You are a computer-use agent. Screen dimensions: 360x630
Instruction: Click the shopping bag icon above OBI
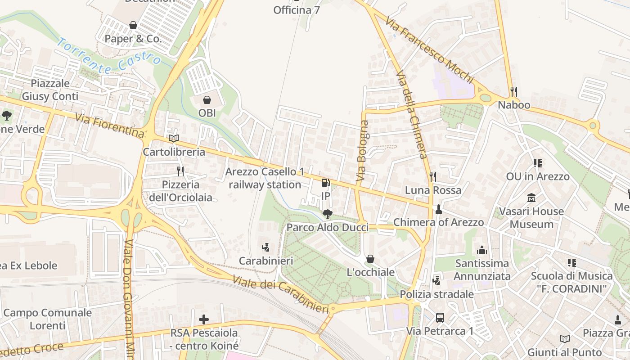click(x=207, y=100)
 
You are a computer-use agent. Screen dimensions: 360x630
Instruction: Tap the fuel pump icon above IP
click(x=325, y=183)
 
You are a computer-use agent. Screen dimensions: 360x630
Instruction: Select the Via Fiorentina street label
click(x=110, y=126)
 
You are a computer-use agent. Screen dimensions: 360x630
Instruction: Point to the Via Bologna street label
click(x=362, y=151)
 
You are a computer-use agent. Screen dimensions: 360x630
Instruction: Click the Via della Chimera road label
click(x=411, y=115)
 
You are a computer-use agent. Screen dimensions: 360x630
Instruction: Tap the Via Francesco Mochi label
click(x=429, y=50)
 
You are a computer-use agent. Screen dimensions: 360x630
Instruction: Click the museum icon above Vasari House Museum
click(x=531, y=198)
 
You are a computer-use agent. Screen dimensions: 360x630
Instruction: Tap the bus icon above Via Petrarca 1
click(x=440, y=318)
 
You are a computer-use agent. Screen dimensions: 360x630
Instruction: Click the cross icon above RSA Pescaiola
click(x=204, y=319)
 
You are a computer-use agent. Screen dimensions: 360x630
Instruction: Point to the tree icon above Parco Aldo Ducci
click(x=328, y=214)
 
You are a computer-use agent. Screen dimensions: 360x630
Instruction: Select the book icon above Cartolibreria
click(x=174, y=139)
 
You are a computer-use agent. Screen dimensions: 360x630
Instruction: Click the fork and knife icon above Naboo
click(x=513, y=92)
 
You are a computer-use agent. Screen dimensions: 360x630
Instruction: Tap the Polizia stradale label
click(x=436, y=294)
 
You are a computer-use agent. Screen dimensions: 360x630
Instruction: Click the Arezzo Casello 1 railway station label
click(x=265, y=178)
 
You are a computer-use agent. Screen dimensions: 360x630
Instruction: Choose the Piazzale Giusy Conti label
click(x=50, y=90)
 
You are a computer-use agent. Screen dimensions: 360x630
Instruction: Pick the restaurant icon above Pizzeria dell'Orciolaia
click(x=180, y=171)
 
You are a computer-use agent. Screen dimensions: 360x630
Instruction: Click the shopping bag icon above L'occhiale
click(x=370, y=259)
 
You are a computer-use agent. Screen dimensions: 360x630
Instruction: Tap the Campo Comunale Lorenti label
click(x=47, y=319)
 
